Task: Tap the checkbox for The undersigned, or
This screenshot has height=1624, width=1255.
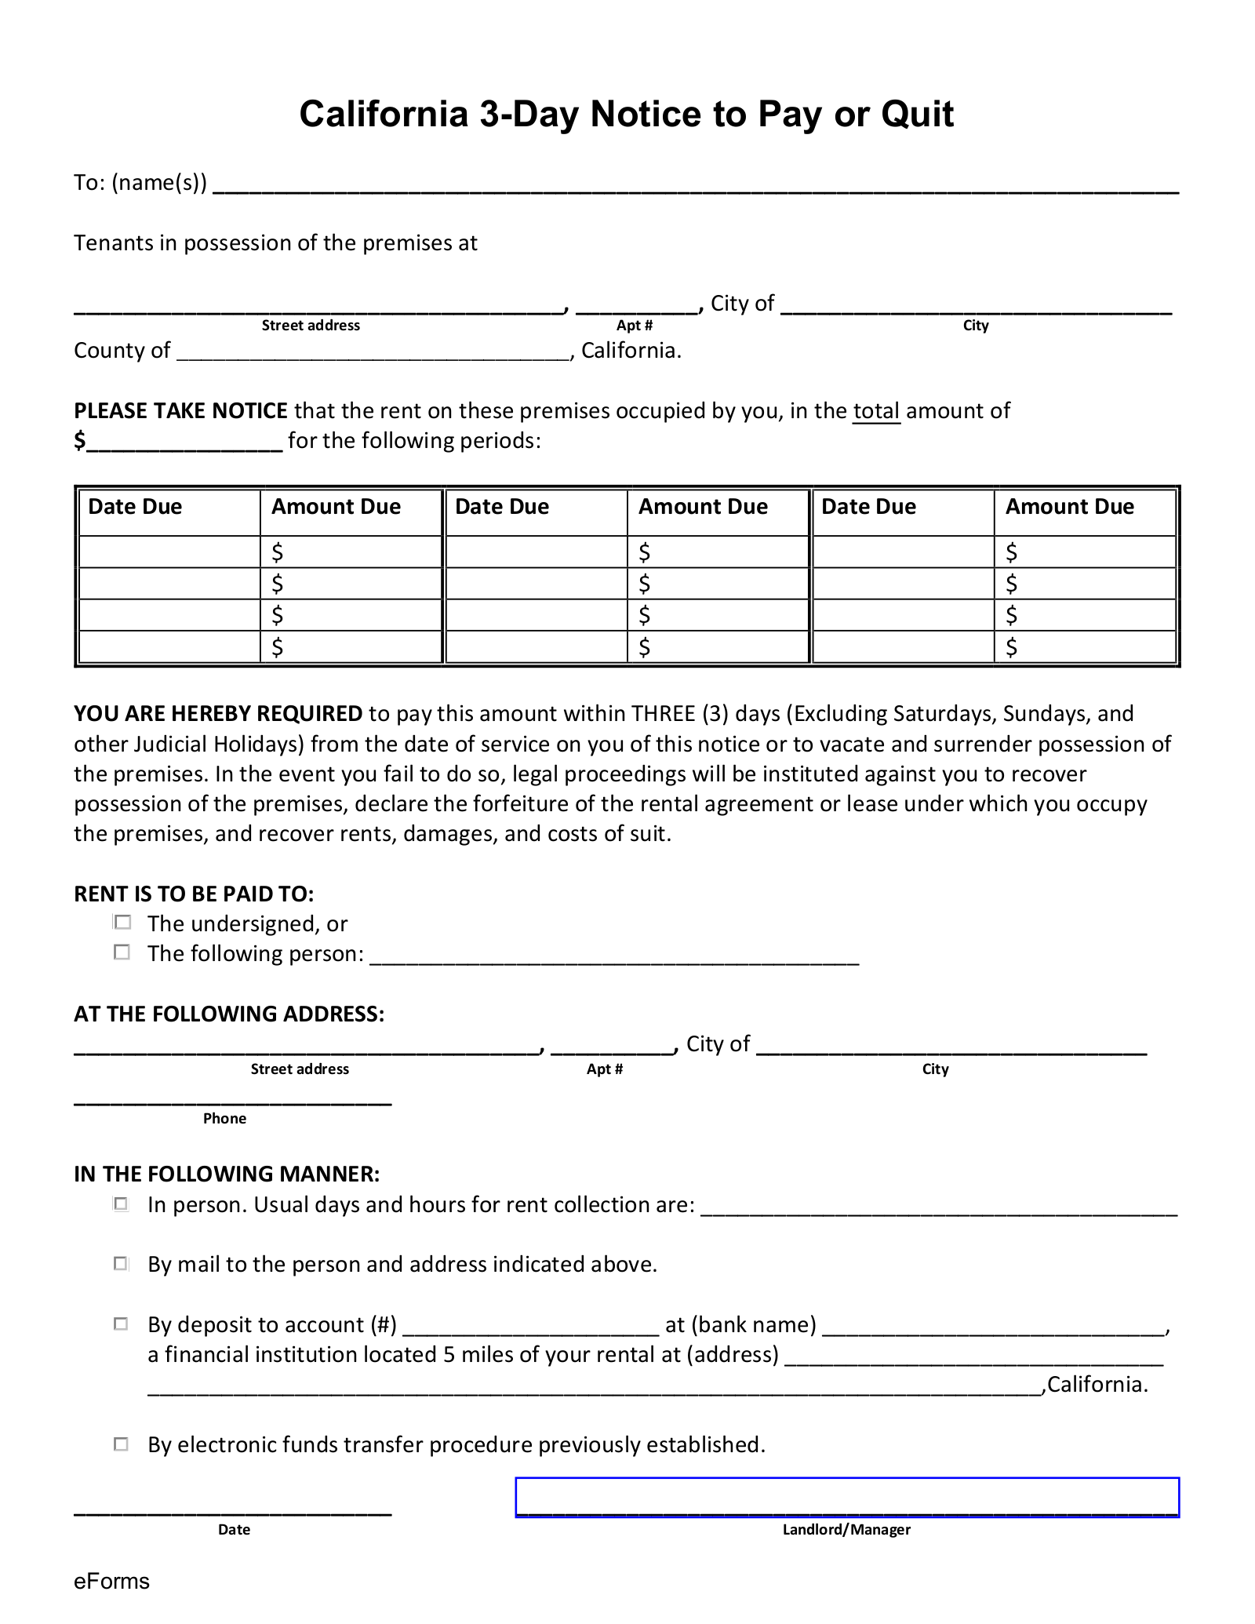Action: click(x=122, y=923)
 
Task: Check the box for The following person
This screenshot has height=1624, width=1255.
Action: click(x=122, y=952)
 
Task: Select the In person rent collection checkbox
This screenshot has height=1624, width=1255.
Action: click(x=122, y=1203)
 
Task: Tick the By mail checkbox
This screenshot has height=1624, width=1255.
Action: click(x=122, y=1263)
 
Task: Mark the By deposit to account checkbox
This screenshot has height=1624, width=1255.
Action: click(x=122, y=1324)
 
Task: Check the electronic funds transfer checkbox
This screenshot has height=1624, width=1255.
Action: click(x=122, y=1444)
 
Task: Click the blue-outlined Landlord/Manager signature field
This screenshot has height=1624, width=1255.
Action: click(x=846, y=1497)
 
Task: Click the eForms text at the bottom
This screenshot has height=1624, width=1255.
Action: click(x=111, y=1581)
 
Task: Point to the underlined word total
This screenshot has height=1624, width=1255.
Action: click(x=876, y=411)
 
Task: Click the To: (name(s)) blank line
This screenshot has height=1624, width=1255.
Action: click(x=695, y=185)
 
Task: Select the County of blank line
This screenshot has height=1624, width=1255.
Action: click(x=373, y=352)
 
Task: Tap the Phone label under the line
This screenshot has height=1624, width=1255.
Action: click(x=224, y=1119)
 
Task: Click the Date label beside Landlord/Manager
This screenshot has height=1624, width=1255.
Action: click(x=234, y=1529)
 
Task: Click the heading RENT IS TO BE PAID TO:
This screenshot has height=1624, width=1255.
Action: click(x=194, y=894)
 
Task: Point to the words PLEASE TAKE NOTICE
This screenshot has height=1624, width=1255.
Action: click(x=180, y=411)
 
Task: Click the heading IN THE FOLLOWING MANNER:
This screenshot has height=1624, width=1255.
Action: click(x=227, y=1174)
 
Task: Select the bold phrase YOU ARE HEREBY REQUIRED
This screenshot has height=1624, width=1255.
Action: click(x=218, y=713)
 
